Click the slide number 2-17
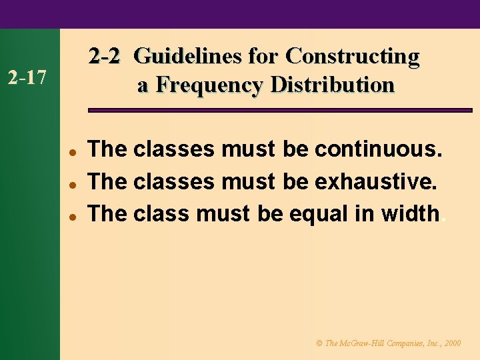click(x=26, y=79)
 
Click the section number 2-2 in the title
click(x=105, y=56)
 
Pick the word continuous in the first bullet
click(x=377, y=149)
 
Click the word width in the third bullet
click(x=410, y=213)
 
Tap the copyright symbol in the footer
click(x=319, y=343)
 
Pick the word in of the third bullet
click(x=361, y=213)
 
